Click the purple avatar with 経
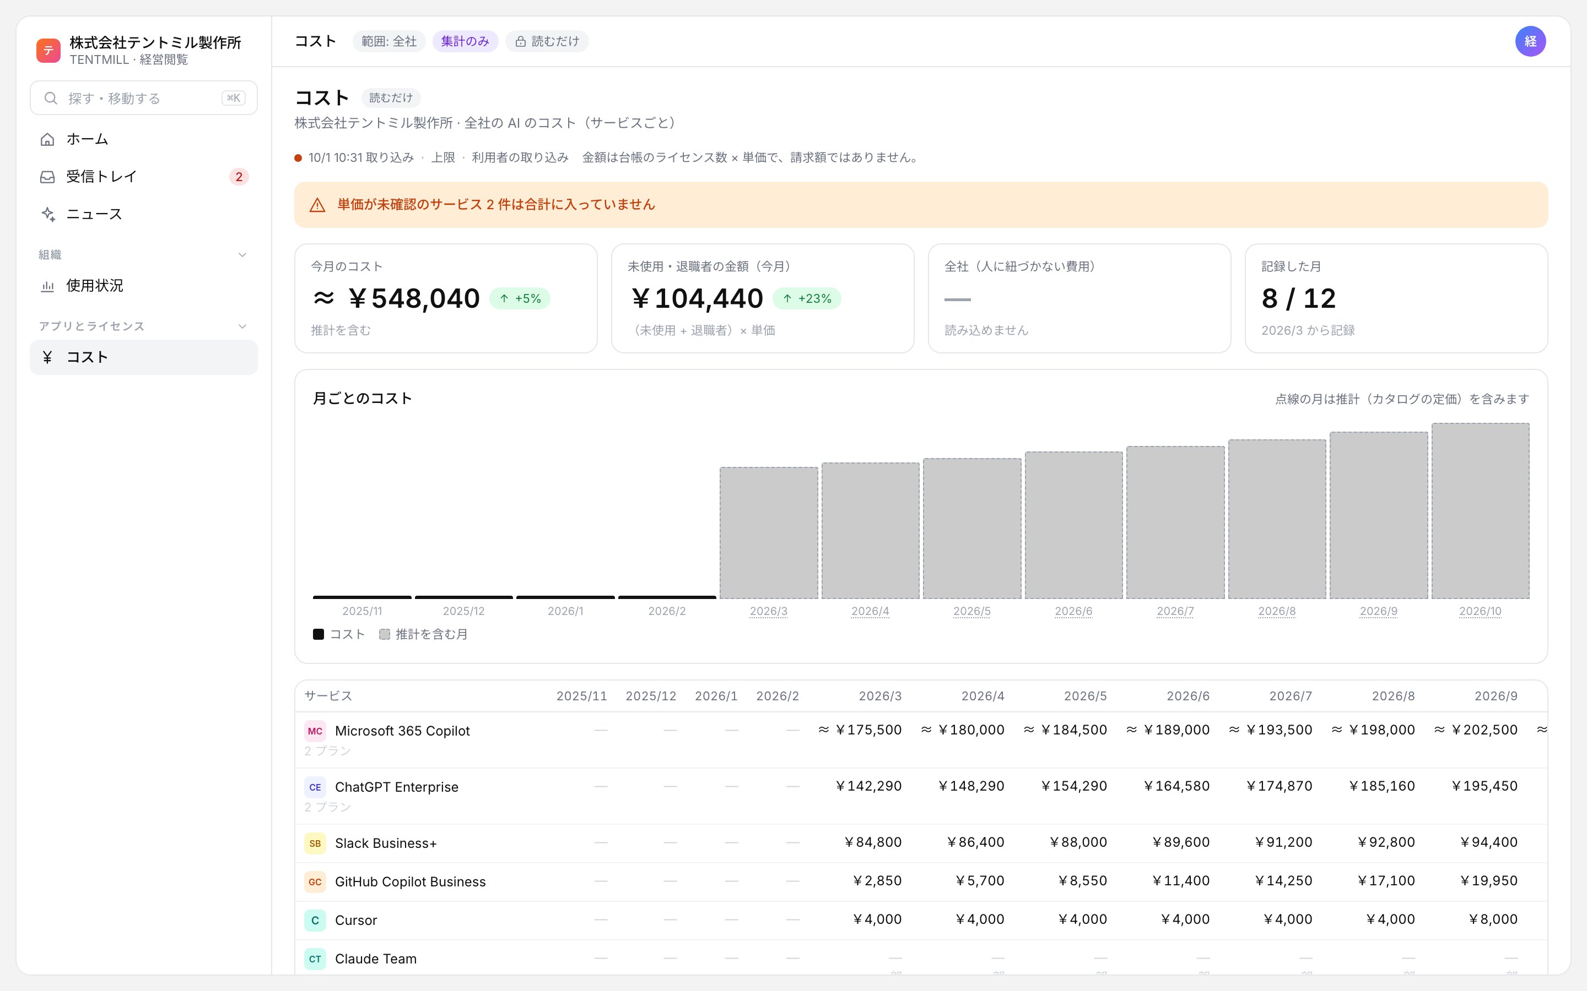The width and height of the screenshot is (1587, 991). pyautogui.click(x=1530, y=41)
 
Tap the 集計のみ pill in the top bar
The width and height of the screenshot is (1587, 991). pyautogui.click(x=465, y=41)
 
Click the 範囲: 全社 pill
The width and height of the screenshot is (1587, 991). pyautogui.click(x=389, y=41)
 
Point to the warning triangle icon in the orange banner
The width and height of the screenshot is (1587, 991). pyautogui.click(x=317, y=205)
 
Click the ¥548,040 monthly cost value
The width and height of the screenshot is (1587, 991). pyautogui.click(x=414, y=299)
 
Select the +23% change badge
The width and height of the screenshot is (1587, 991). pyautogui.click(x=807, y=299)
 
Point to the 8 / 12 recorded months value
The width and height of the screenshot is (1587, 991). pyautogui.click(x=1298, y=299)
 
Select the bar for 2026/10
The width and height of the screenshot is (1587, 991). pyautogui.click(x=1480, y=510)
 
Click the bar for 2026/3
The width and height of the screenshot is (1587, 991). pyautogui.click(x=769, y=533)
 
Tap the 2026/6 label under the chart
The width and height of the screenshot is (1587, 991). pyautogui.click(x=1073, y=612)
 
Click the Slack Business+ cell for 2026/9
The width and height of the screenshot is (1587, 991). pyautogui.click(x=1488, y=842)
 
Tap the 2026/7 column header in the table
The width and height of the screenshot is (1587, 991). pyautogui.click(x=1291, y=696)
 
